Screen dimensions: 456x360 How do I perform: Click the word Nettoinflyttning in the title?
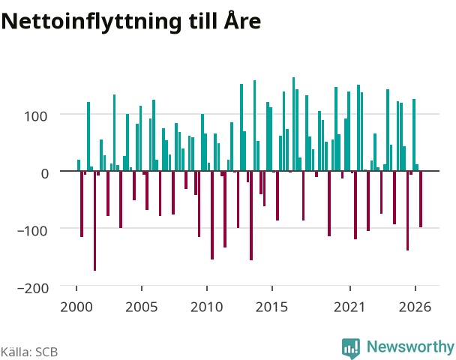pos(91,22)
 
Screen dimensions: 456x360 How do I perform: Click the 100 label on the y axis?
pos(35,116)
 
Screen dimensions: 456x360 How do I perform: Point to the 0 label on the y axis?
pos(44,173)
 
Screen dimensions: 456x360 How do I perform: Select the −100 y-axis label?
pos(32,231)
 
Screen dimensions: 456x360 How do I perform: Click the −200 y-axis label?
pos(33,289)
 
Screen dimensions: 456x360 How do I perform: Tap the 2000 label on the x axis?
pos(76,307)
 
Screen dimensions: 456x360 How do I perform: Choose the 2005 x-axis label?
pos(141,307)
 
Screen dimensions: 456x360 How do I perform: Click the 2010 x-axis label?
pos(206,307)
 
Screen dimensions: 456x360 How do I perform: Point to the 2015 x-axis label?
pos(271,307)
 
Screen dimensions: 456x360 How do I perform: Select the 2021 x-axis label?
pos(349,307)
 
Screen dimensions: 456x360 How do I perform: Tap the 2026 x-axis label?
pos(415,307)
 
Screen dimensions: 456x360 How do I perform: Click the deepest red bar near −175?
pos(94,220)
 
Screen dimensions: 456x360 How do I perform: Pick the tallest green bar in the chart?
pos(293,124)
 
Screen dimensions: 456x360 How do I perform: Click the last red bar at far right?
pos(421,199)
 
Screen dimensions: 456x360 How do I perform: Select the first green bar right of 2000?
pos(79,165)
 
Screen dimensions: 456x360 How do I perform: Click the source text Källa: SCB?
pos(29,352)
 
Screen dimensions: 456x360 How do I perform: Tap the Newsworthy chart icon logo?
pos(351,348)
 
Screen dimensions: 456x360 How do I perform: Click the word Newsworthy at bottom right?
pos(410,346)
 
